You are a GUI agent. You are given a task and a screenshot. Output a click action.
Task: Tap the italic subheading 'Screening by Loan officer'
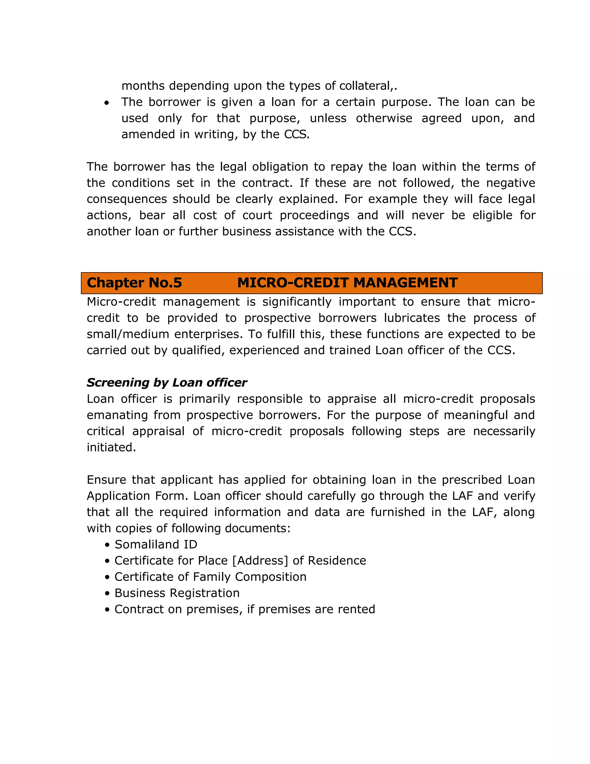(167, 383)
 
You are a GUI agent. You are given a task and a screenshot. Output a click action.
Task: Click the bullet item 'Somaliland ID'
(156, 545)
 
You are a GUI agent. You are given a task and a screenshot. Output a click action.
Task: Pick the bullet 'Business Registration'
(177, 593)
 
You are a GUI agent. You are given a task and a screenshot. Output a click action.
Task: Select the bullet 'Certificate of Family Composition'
(210, 577)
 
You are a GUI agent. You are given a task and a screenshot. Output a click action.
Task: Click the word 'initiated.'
(111, 447)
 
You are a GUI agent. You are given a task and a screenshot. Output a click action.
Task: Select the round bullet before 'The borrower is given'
(107, 103)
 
